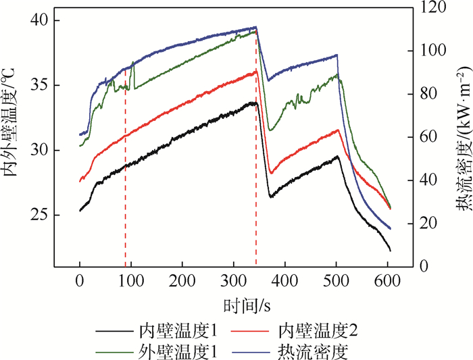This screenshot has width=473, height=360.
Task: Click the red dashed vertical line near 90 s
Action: (x=125, y=169)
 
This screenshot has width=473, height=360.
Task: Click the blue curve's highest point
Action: (x=255, y=27)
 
